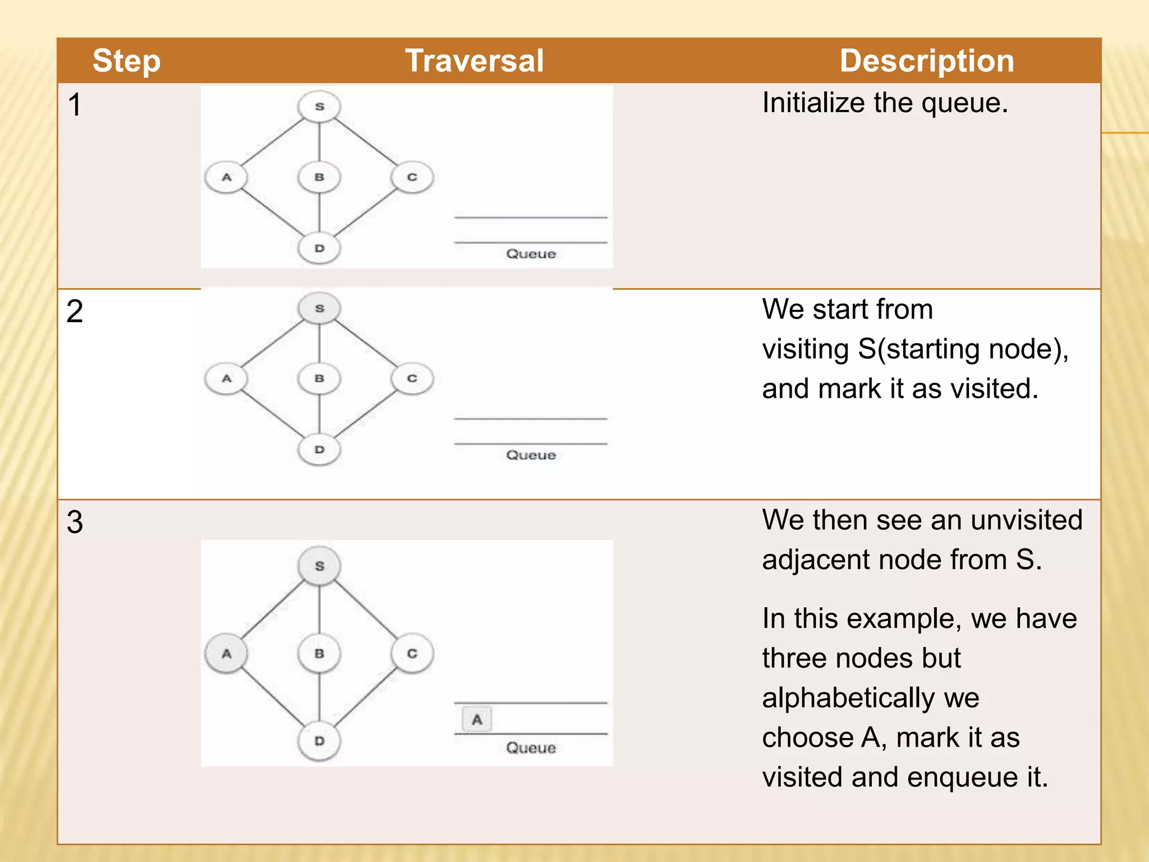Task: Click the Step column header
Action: point(126,61)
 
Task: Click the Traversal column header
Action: point(474,61)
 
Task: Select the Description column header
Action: point(926,61)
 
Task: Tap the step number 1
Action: point(75,105)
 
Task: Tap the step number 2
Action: point(75,311)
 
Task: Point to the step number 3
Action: point(75,522)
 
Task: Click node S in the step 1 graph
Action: point(319,106)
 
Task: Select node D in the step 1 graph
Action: point(319,248)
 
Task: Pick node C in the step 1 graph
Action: point(412,177)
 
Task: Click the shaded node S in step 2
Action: point(319,308)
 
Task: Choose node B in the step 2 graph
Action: point(319,379)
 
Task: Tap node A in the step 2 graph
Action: point(227,379)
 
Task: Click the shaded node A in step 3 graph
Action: point(227,654)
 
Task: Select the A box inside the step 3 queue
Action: point(477,719)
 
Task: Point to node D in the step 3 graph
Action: point(319,741)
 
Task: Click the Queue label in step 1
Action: point(531,254)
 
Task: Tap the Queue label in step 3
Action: point(531,748)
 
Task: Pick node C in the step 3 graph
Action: point(412,654)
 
